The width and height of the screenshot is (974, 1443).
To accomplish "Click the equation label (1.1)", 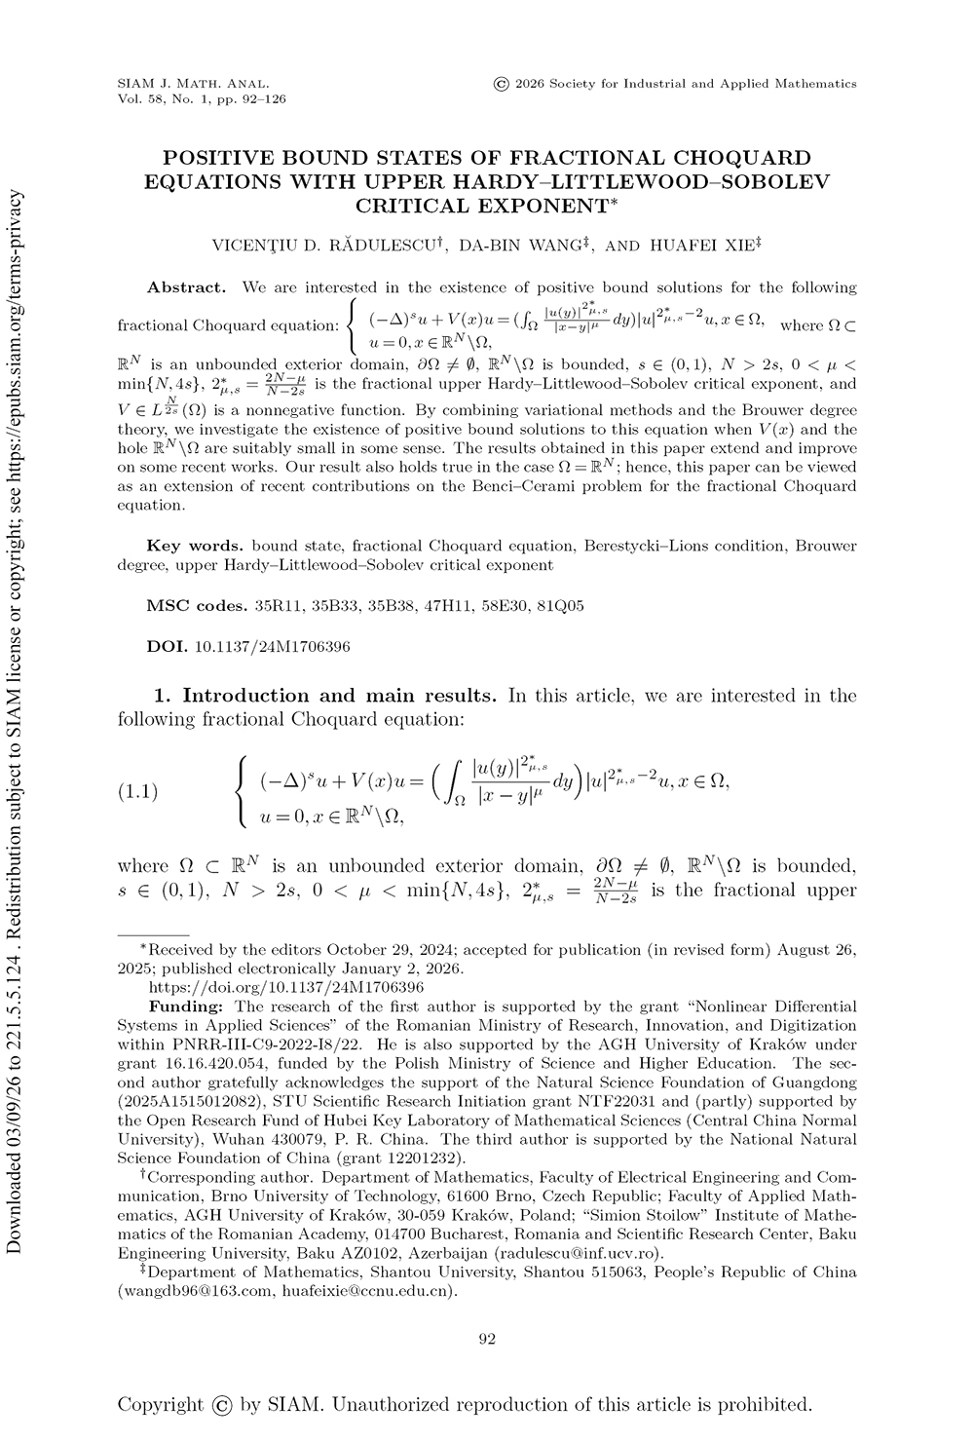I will tap(137, 790).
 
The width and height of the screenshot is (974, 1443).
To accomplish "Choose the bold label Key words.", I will tap(195, 546).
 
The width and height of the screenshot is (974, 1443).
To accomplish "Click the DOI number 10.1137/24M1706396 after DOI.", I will tap(273, 646).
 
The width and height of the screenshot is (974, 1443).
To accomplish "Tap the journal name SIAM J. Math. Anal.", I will tap(193, 84).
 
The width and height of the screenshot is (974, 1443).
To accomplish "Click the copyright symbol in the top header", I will tap(502, 84).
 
